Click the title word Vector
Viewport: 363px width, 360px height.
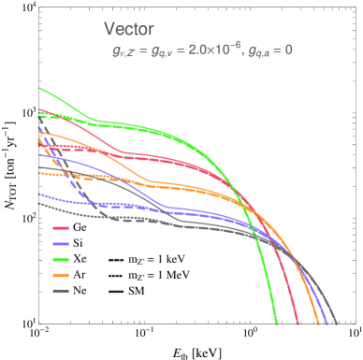pos(129,29)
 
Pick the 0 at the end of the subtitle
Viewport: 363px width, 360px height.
pos(288,50)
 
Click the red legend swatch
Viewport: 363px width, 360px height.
pos(60,228)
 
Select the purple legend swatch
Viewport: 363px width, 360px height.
pos(60,244)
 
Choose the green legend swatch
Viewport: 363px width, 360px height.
pos(60,259)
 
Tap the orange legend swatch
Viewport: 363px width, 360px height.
pos(60,276)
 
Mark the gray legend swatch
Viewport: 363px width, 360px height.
pos(60,291)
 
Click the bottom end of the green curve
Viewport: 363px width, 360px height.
pos(276,324)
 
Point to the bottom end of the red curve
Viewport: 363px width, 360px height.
pos(298,324)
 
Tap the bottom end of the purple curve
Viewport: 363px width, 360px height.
pos(328,324)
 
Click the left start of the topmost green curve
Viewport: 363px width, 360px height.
pos(39,89)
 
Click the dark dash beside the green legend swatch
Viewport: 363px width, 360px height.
pos(116,260)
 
